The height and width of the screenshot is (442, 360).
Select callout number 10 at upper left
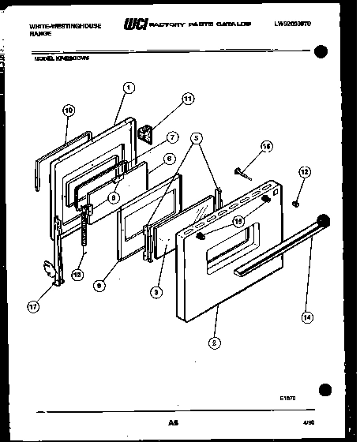point(68,110)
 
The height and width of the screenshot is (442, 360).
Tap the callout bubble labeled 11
point(187,99)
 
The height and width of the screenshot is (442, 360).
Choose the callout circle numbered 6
point(168,158)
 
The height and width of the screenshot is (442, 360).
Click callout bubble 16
point(266,146)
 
